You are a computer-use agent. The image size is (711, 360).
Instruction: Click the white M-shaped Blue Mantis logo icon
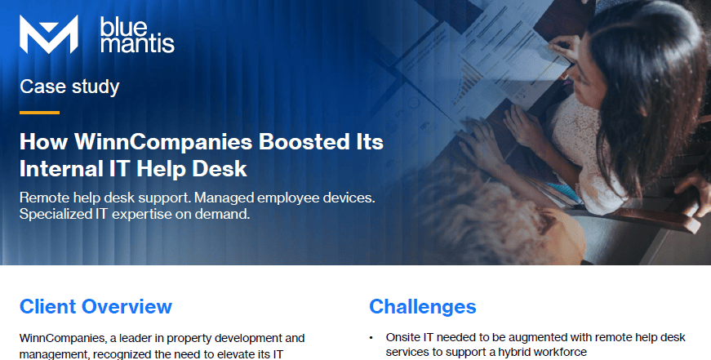pos(48,34)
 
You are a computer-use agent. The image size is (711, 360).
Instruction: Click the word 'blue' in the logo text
pos(123,27)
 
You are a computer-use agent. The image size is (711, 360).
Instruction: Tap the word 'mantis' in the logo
pos(137,44)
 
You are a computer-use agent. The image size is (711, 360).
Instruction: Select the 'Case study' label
pos(69,87)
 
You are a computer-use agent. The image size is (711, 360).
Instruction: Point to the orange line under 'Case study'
pos(39,113)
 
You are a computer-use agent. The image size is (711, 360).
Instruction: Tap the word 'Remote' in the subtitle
pos(44,198)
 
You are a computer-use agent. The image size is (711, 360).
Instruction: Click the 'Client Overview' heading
pos(96,306)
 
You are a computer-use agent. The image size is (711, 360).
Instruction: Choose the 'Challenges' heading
pos(423,306)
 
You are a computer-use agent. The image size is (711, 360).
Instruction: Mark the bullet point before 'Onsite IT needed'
pos(371,338)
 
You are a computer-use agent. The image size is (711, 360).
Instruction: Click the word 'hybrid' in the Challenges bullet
pos(516,353)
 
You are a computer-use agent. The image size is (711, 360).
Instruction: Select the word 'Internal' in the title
pos(61,169)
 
